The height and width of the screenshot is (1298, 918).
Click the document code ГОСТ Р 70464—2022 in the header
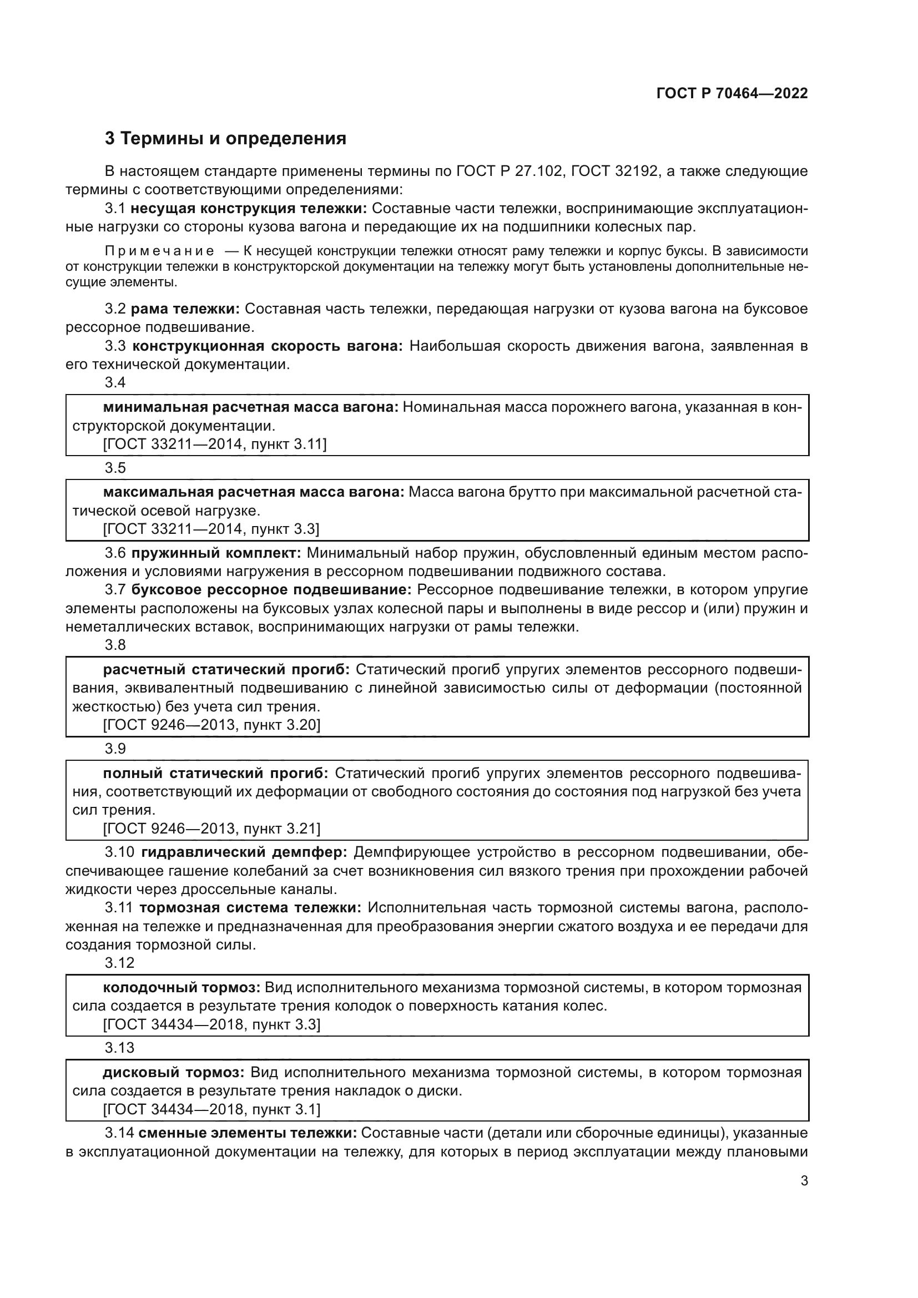tap(732, 93)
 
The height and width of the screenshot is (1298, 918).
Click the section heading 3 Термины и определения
tap(225, 139)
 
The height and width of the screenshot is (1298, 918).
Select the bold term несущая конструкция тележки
tap(249, 209)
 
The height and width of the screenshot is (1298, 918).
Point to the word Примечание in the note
tap(159, 251)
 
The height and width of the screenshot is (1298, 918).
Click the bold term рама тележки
tap(185, 309)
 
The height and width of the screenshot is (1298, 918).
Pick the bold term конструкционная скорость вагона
tap(268, 346)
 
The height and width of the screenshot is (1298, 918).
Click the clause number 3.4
tap(115, 383)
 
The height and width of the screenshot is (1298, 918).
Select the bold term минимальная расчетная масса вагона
tap(251, 407)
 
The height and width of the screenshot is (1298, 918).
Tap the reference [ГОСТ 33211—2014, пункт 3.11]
tap(215, 445)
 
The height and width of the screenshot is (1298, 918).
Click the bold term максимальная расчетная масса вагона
tap(254, 492)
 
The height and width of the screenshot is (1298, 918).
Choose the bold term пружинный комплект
tap(216, 552)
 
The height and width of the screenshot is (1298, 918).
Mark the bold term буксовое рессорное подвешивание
tap(271, 590)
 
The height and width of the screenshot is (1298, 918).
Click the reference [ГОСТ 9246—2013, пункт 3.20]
tap(211, 725)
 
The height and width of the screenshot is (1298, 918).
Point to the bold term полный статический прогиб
tap(215, 773)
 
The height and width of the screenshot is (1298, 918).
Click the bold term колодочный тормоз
tap(181, 988)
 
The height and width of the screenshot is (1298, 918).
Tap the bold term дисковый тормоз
tap(174, 1073)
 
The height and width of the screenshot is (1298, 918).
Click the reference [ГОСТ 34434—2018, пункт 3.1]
tap(211, 1109)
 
